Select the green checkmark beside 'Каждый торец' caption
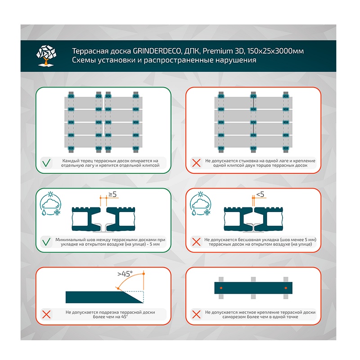pyautogui.click(x=46, y=163)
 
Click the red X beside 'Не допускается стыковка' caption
pyautogui.click(x=196, y=163)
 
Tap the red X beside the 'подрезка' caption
pyautogui.click(x=46, y=314)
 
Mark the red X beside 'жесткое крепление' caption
pyautogui.click(x=196, y=314)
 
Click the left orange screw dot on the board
pyautogui.click(x=220, y=287)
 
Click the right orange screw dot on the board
pyautogui.click(x=285, y=287)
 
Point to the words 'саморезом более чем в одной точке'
pyautogui.click(x=260, y=317)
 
